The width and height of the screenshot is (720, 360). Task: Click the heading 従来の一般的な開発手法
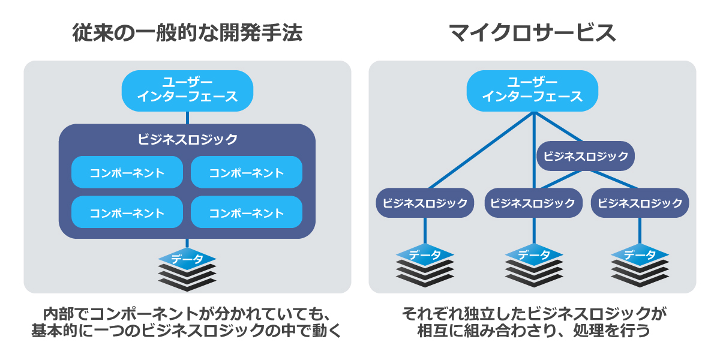click(187, 33)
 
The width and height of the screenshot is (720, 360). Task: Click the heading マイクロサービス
click(533, 33)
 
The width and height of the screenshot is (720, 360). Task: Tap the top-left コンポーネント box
click(127, 172)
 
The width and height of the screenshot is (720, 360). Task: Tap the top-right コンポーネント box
click(247, 172)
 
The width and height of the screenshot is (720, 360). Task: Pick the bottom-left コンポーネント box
click(127, 212)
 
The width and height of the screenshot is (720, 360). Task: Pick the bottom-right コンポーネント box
click(247, 212)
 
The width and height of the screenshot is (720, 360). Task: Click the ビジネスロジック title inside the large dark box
click(187, 139)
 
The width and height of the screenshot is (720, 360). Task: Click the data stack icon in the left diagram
click(187, 269)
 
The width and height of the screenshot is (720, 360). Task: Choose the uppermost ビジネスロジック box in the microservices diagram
click(586, 156)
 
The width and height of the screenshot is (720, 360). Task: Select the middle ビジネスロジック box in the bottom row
click(533, 203)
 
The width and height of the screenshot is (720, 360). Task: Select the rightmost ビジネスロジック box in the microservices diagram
click(640, 203)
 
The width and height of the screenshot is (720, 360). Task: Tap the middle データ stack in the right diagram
click(533, 265)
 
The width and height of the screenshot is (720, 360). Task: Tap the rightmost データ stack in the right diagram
click(640, 265)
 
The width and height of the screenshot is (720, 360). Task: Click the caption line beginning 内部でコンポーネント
click(187, 314)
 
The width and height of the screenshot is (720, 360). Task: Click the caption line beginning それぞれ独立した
click(533, 314)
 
